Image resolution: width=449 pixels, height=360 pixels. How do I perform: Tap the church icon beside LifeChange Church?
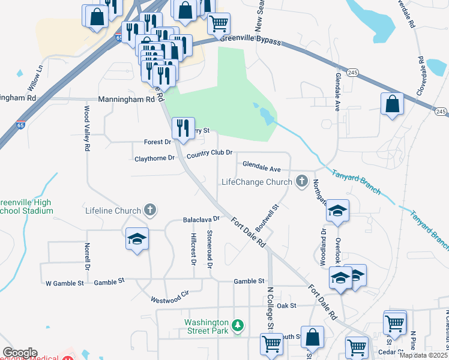click(302, 181)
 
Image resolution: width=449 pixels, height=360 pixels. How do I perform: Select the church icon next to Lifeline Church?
click(150, 210)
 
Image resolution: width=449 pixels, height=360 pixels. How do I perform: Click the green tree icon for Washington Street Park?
click(238, 325)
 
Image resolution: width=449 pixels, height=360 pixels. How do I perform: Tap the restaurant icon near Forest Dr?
click(183, 127)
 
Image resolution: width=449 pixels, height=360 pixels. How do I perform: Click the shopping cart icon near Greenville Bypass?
click(219, 23)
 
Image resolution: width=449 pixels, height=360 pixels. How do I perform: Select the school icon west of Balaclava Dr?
click(137, 239)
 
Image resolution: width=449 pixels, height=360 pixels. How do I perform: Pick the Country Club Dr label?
click(209, 155)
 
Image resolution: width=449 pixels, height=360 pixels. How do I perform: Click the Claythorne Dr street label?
click(154, 158)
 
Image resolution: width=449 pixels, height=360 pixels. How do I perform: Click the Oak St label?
click(288, 306)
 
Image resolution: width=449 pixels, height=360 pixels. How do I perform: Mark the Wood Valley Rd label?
click(87, 128)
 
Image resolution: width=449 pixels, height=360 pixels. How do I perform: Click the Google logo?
click(20, 353)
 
